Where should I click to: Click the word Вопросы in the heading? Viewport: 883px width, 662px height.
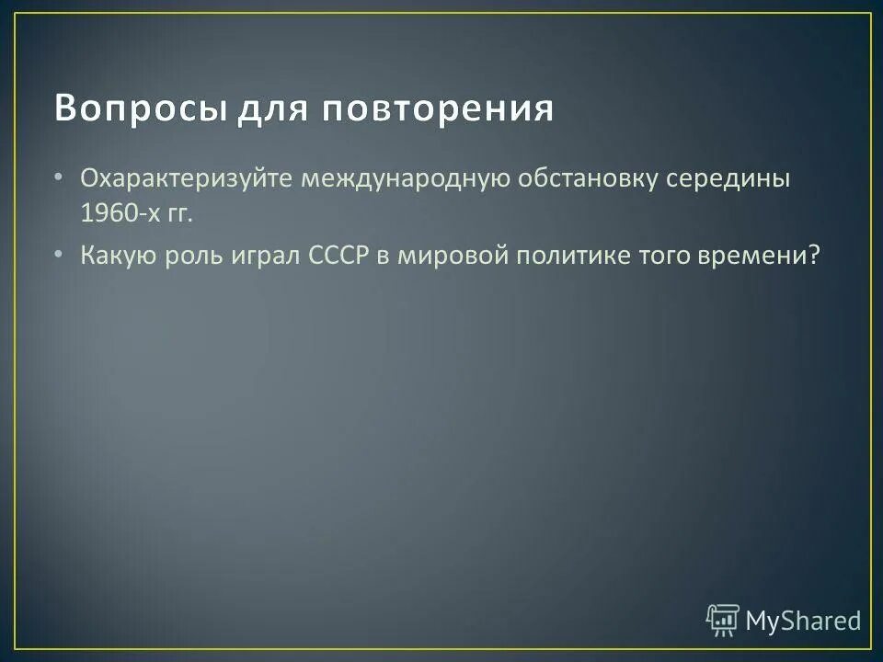click(140, 108)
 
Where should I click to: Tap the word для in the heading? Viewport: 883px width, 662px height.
click(273, 108)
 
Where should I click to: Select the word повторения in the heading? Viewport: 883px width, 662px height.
click(437, 108)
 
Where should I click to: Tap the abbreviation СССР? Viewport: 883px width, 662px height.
click(335, 255)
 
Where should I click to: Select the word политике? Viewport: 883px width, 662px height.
click(570, 255)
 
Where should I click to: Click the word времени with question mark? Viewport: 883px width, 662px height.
click(766, 255)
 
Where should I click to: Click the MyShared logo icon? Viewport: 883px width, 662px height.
click(723, 621)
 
